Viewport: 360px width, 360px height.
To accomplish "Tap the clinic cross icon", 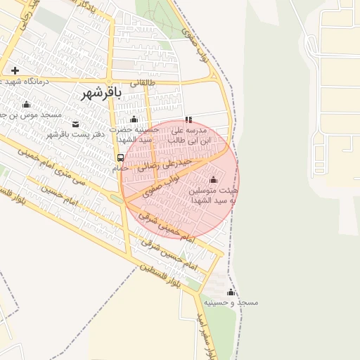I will point(15,70).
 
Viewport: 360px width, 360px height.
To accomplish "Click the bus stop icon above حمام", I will point(120,157).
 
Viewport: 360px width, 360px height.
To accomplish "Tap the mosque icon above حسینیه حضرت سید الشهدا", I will point(134,119).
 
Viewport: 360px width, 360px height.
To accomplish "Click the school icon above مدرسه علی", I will point(188,120).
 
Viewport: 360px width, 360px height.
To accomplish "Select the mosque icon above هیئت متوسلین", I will point(214,179).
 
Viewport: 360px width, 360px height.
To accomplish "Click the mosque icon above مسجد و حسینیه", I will point(231,292).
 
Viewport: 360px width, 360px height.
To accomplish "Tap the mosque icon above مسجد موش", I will point(27,104).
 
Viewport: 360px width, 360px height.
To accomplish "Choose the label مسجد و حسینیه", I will point(231,302).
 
